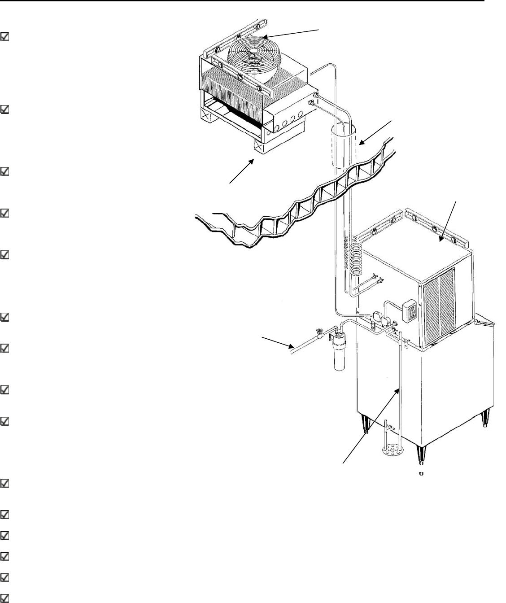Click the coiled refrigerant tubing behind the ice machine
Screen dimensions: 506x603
(355, 258)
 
